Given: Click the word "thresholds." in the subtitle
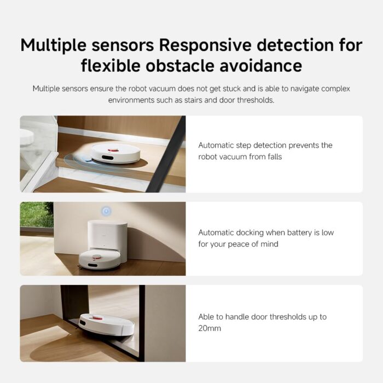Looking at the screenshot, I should click(x=255, y=100).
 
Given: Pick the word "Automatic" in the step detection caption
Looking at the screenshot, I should click(x=216, y=145).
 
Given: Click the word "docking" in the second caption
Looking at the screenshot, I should click(x=254, y=233).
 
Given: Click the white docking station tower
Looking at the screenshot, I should click(x=107, y=235).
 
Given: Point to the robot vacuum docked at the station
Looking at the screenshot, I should click(x=100, y=259).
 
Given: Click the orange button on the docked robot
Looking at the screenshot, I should click(x=98, y=253).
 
